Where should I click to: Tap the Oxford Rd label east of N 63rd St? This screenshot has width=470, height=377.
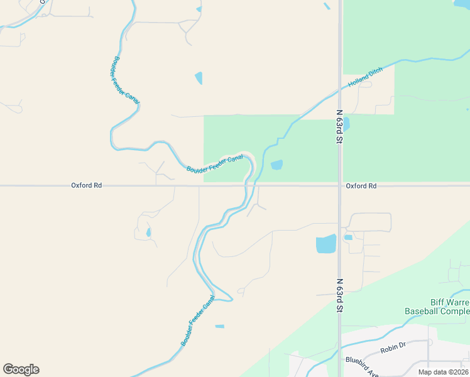click(x=361, y=186)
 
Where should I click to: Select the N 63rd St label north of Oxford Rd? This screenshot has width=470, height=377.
click(x=339, y=128)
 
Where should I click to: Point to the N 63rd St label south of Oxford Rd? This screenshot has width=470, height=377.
click(x=339, y=295)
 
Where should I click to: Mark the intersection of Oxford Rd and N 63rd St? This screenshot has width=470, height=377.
click(x=339, y=185)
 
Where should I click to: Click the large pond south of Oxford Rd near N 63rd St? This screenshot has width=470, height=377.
click(x=326, y=244)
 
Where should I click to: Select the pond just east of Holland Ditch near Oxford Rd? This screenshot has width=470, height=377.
click(x=276, y=165)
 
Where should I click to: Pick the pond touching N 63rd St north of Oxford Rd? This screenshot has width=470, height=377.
click(x=346, y=124)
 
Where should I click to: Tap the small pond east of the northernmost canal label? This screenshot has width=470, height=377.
click(x=199, y=78)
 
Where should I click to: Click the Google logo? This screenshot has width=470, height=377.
click(x=21, y=369)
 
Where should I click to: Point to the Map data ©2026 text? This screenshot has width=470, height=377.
click(x=444, y=372)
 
